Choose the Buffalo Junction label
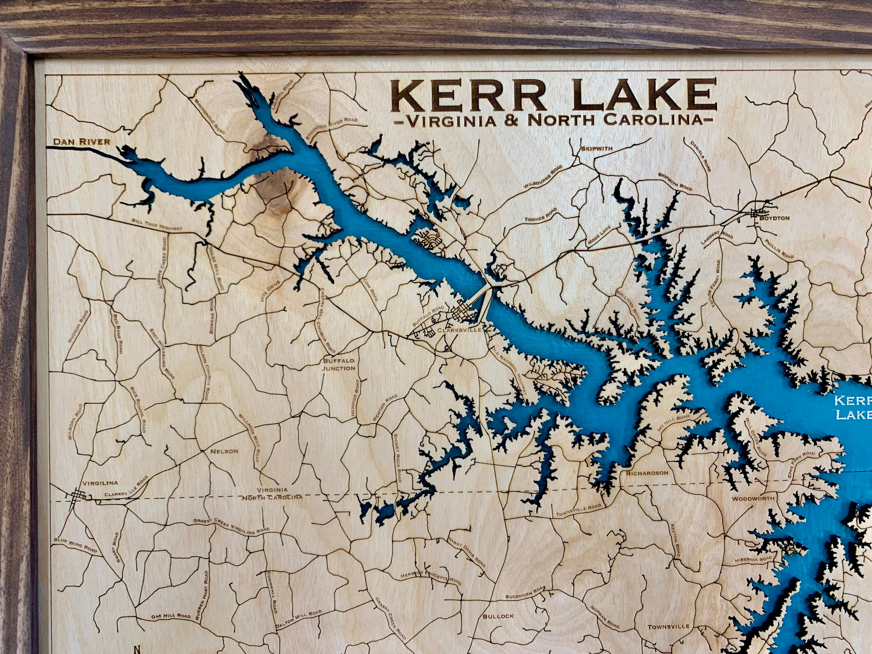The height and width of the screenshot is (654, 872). tap(339, 364)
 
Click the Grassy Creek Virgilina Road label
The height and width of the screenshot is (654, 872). tap(231, 525)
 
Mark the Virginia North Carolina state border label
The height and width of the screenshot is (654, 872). tap(272, 493)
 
